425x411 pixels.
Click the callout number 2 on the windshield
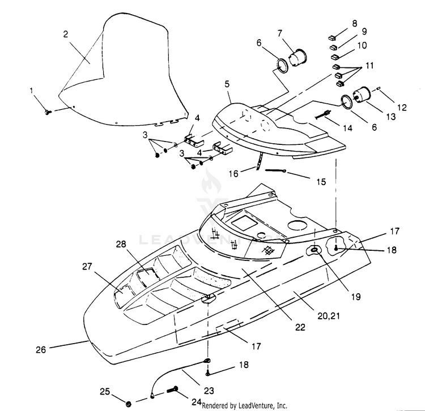coord(66,35)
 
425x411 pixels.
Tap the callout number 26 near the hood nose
coord(41,349)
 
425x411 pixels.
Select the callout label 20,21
coord(329,316)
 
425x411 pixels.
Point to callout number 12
coord(402,108)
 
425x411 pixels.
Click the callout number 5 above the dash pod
coord(227,84)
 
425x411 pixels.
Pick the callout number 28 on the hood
coord(121,244)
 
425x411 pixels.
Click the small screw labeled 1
coord(49,112)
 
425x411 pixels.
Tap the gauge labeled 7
coord(297,57)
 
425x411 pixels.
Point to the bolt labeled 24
coord(172,391)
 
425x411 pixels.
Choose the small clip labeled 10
coord(335,57)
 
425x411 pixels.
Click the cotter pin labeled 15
coord(275,170)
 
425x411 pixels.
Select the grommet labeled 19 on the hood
coord(314,250)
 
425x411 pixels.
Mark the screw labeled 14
coord(322,114)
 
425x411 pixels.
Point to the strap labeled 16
coord(259,161)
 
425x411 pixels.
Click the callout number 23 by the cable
coord(209,391)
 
